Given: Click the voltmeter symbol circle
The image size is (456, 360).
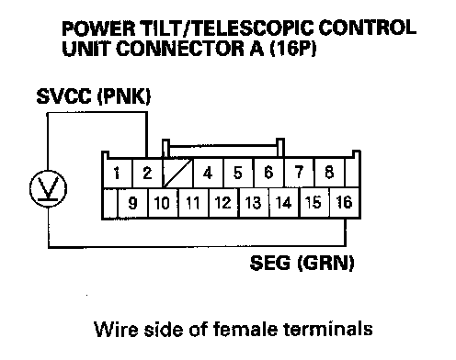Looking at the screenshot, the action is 48,188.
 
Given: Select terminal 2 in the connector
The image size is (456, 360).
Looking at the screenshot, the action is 147,173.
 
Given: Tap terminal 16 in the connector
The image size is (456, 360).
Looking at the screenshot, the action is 345,203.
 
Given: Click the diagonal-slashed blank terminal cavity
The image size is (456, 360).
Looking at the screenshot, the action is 177,173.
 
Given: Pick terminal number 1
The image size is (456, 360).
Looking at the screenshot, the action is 117,173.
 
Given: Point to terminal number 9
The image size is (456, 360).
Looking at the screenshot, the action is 132,203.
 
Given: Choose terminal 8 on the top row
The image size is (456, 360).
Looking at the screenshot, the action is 329,173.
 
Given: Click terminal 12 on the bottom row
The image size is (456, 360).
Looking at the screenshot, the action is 223,203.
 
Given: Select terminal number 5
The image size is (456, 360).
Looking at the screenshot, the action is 238,173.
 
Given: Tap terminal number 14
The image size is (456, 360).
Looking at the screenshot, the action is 283,203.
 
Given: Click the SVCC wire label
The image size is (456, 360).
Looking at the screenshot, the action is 64,96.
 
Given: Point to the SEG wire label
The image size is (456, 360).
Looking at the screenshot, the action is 270,263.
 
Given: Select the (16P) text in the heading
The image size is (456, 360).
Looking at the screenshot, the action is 293,49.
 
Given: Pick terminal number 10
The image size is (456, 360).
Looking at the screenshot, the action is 163,203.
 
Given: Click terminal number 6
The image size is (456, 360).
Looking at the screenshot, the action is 268,173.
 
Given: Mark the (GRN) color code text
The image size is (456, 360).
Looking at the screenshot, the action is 326,263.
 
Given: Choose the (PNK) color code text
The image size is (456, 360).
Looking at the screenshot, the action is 124,96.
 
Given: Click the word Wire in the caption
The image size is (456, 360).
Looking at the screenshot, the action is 116,329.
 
